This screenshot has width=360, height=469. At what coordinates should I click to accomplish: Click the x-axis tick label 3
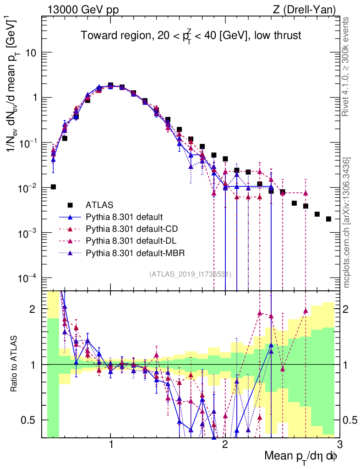click(x=339, y=445)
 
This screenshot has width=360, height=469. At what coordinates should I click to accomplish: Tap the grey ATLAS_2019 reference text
click(x=190, y=274)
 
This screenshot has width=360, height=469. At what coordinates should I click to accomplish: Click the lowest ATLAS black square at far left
click(x=53, y=187)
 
